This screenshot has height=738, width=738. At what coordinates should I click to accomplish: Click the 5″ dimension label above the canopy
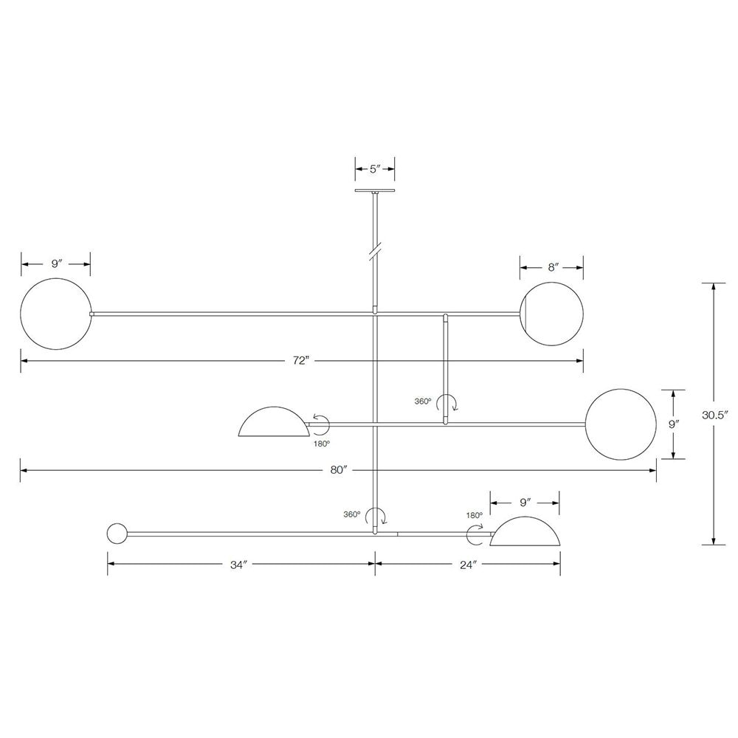point(374,168)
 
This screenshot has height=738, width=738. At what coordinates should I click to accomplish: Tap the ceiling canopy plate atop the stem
point(375,191)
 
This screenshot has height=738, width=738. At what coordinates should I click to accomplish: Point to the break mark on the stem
point(375,251)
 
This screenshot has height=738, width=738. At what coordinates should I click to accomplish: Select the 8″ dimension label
point(552,267)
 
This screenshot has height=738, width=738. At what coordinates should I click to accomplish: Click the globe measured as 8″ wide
point(551,314)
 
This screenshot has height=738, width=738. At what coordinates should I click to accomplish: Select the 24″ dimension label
point(469,565)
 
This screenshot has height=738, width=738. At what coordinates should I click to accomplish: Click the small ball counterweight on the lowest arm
point(117,533)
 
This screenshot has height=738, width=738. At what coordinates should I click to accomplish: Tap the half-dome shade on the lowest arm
point(525,533)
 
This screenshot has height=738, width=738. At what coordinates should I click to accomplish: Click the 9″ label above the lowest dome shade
point(525,503)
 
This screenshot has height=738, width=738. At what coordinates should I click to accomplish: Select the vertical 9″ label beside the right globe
point(673,424)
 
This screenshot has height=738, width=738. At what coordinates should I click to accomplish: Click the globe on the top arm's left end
point(56,314)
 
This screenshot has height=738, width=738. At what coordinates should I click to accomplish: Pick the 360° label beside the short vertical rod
point(423,401)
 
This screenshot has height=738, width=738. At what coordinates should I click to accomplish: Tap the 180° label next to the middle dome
point(321,443)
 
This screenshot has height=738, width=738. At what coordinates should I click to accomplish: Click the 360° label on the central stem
point(351,514)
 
